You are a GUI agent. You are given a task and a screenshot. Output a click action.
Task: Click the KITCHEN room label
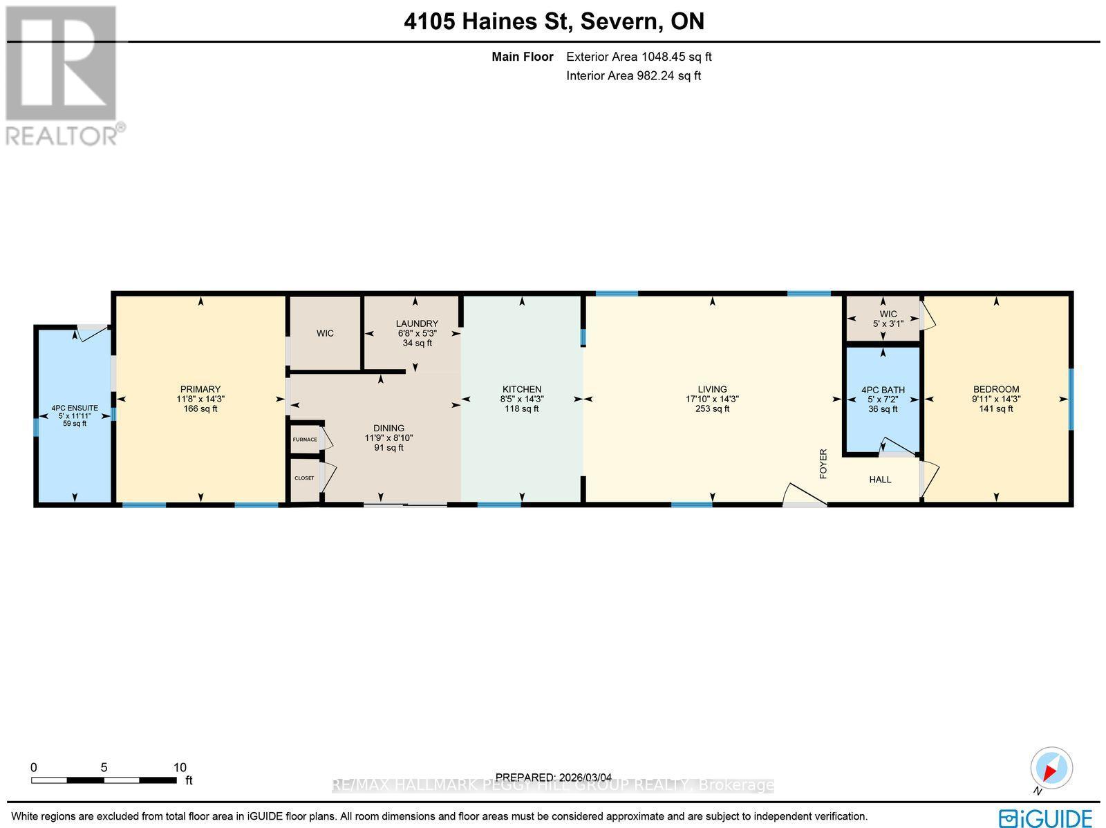[521, 389]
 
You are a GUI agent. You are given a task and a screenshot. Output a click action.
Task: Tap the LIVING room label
[712, 389]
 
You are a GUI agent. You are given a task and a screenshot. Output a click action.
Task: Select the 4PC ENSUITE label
[75, 408]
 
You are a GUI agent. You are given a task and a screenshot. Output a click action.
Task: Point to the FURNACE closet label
[305, 440]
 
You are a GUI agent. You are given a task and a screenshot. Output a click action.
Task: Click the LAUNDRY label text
[417, 323]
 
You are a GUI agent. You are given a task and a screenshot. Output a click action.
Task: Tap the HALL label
[880, 479]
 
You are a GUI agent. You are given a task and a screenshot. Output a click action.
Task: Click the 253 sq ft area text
[712, 408]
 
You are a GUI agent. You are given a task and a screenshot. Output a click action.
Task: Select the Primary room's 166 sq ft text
[200, 408]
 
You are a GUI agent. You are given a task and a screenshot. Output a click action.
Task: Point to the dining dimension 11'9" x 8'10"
[388, 437]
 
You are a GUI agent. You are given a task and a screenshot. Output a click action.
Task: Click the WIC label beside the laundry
[325, 333]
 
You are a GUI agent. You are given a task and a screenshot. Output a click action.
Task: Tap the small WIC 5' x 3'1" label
[888, 319]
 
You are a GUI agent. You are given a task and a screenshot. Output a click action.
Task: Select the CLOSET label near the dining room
[304, 478]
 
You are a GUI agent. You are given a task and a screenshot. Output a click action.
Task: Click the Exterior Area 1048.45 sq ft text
[639, 57]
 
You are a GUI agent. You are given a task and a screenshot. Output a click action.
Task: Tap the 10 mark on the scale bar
[180, 767]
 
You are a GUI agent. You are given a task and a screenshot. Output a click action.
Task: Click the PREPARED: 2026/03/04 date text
[554, 778]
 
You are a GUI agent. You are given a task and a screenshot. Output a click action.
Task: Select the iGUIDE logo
[1046, 818]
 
